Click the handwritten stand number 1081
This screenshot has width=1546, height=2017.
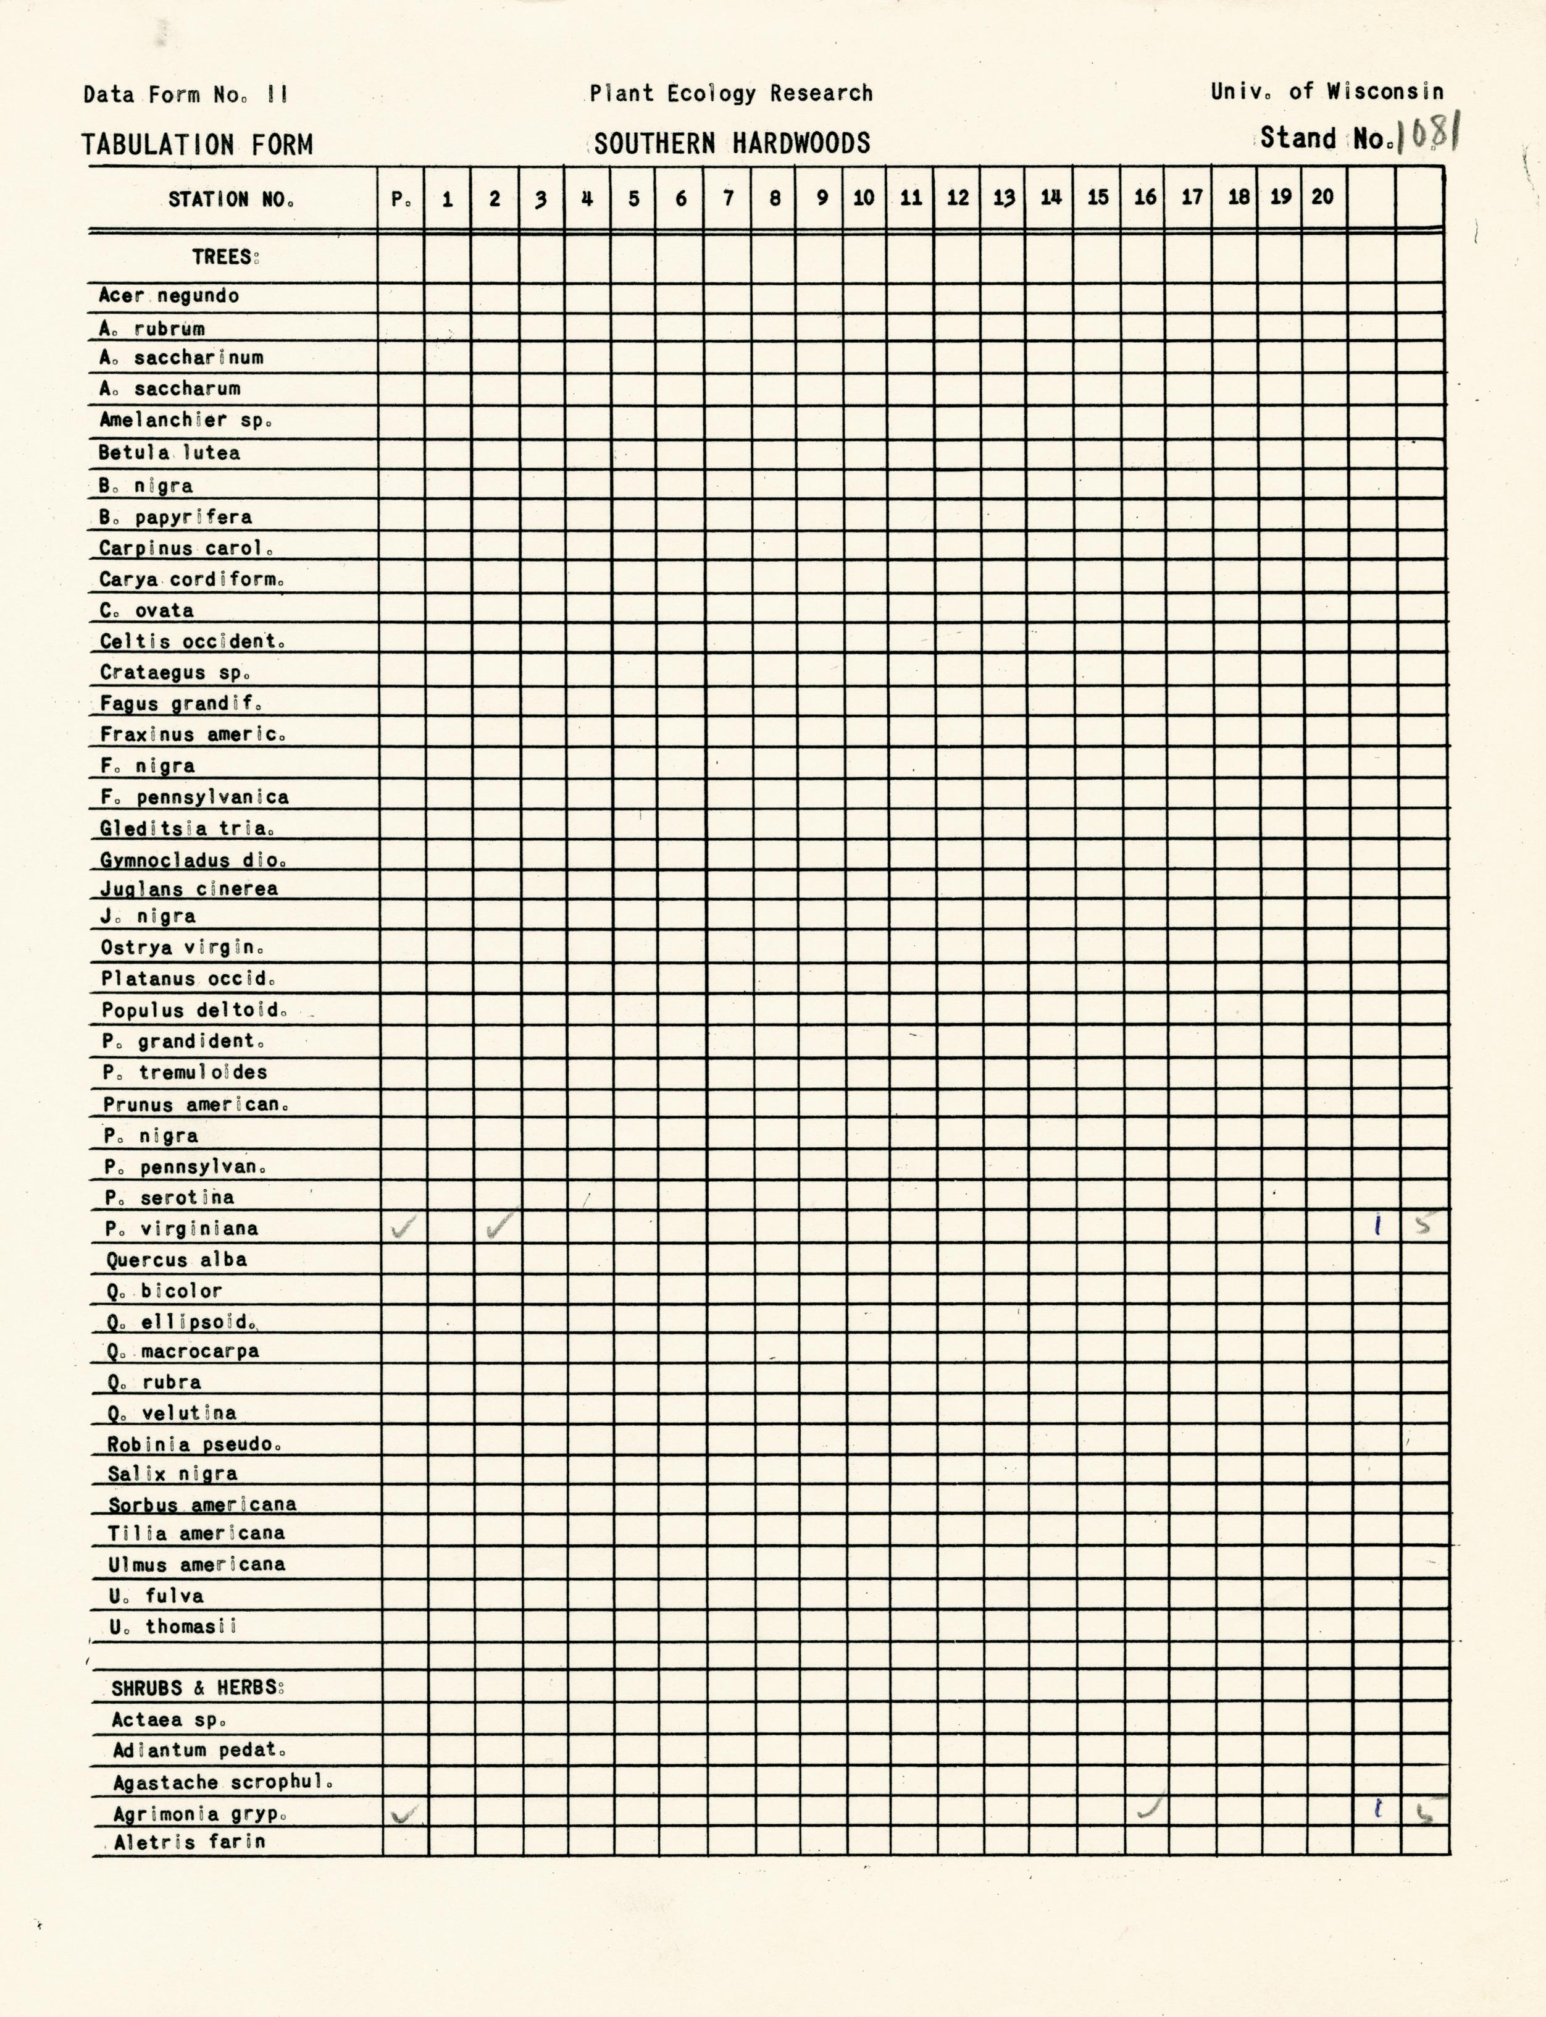(x=1426, y=137)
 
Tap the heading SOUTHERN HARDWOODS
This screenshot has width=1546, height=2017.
(x=732, y=143)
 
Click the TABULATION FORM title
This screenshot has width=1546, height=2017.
(x=197, y=145)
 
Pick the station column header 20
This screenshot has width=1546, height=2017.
(x=1322, y=197)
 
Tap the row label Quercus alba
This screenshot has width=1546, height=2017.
(x=176, y=1260)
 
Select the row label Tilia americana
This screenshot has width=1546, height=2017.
(x=196, y=1533)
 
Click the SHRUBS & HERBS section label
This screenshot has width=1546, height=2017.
(x=198, y=1688)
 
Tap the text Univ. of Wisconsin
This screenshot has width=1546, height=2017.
(x=1326, y=92)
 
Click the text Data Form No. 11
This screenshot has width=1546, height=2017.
(x=186, y=94)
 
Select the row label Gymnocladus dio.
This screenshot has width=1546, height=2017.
(x=193, y=860)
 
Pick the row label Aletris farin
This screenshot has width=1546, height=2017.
(x=190, y=1842)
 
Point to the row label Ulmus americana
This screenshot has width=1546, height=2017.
(x=196, y=1564)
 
